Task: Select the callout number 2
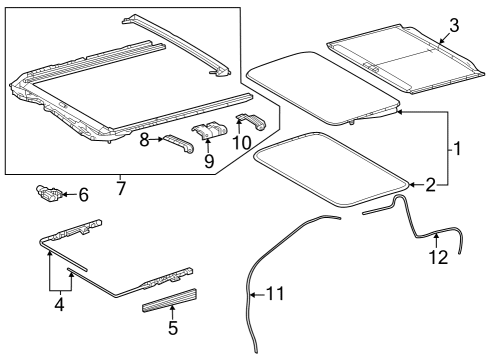pos(430,184)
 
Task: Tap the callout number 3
pos(453,24)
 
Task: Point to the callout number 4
pos(59,304)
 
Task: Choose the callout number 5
pos(172,326)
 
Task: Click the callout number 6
pos(83,195)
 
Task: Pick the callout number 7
pos(121,188)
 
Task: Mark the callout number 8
pos(144,141)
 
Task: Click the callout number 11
pos(275,294)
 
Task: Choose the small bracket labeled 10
pos(250,122)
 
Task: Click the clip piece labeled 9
pos(211,132)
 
